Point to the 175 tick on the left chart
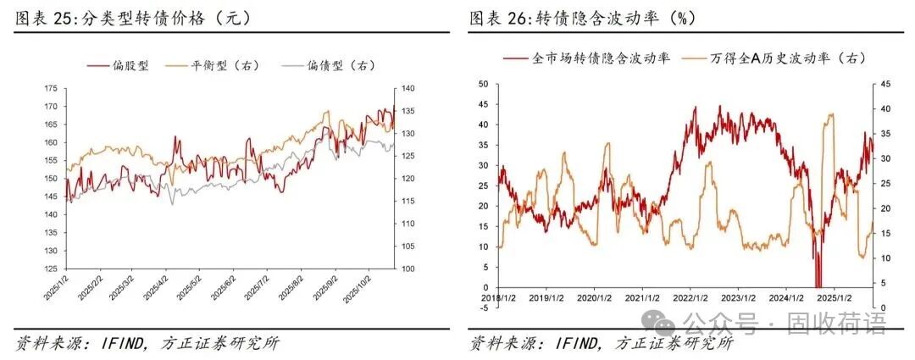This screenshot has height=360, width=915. point(50,88)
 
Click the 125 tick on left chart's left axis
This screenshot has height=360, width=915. point(50,269)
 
